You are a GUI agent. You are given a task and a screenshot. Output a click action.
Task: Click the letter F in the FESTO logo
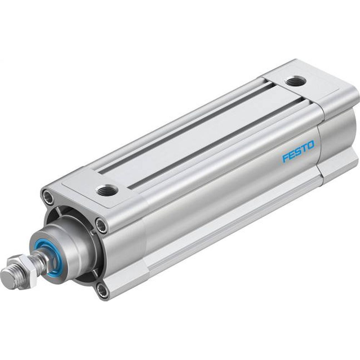pos(285,158)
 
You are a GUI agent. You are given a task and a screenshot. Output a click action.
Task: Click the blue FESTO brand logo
pos(298,151)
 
